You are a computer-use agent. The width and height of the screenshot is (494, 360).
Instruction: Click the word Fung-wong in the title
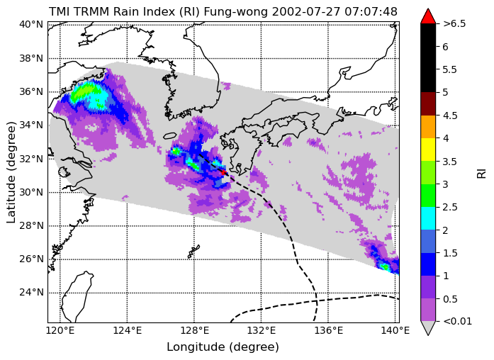236,12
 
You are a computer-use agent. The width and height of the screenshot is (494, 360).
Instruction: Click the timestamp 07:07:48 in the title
371,11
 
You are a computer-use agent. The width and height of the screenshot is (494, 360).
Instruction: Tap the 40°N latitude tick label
31,24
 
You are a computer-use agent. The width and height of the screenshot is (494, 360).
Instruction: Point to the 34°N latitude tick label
31,125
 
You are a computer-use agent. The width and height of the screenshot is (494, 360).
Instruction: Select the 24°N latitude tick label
31,293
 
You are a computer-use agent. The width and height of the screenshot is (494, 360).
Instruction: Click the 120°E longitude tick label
60,330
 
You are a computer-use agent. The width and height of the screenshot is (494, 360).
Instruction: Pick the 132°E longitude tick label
262,330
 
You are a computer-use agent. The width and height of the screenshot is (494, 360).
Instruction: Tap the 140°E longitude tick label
395,330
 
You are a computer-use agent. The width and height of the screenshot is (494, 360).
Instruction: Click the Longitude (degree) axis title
223,347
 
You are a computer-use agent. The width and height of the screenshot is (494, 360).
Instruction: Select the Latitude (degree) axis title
11,172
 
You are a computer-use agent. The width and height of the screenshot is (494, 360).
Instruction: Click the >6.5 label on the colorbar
454,23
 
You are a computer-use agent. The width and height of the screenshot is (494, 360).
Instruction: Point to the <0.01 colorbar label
457,321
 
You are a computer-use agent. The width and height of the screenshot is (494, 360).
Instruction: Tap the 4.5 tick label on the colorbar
450,116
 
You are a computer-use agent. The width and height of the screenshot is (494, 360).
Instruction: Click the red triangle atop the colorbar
428,16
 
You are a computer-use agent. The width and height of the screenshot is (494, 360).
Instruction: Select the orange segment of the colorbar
428,127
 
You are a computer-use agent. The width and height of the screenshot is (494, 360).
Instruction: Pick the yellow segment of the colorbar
428,150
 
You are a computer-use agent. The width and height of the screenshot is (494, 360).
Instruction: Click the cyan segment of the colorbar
428,218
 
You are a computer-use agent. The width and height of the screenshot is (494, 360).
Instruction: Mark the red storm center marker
224,172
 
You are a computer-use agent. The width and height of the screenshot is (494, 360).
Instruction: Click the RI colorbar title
481,173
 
